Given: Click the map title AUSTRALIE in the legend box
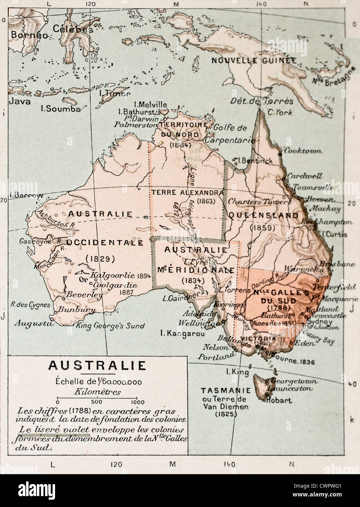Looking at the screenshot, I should [x=97, y=365].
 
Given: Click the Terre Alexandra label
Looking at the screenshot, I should [x=187, y=192].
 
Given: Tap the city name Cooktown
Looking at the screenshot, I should [x=303, y=151].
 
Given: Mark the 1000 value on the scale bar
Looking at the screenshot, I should [x=136, y=402].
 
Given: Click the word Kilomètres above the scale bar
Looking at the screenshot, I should [x=97, y=392].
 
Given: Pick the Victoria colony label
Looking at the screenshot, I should [x=262, y=338].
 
